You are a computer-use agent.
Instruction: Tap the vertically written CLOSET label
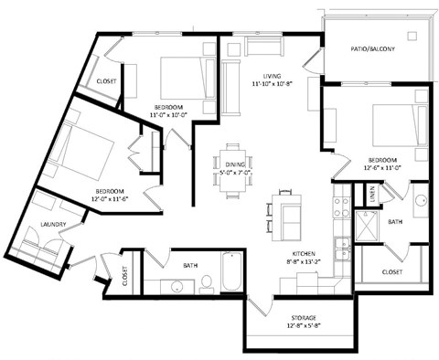(125, 277)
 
